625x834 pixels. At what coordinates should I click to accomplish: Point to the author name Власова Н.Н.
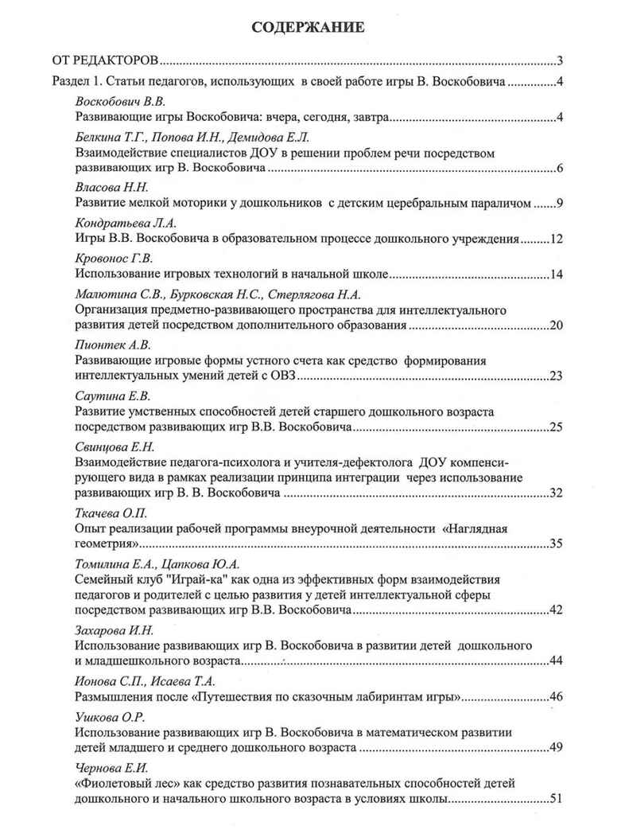coord(111,189)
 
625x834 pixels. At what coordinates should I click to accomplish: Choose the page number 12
coord(556,239)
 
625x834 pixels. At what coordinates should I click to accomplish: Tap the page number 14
coord(556,275)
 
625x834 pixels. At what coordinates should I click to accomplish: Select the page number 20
coord(556,325)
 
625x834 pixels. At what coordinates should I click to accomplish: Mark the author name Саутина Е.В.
coord(112,396)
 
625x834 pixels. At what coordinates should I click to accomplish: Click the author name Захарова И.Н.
coord(115,629)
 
